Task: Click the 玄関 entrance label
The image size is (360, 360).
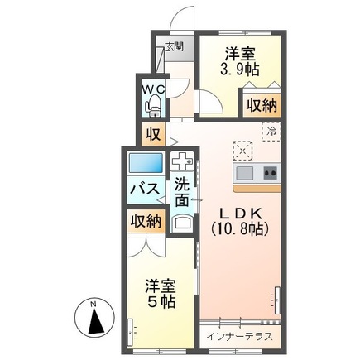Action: point(173,47)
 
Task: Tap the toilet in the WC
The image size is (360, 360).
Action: point(153,105)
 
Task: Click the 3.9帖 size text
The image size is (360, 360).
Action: point(238,68)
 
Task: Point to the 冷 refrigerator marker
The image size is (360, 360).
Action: point(271,132)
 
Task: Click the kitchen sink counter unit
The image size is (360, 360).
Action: point(257,173)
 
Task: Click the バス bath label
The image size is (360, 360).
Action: point(146,190)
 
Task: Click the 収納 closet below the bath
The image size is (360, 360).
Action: point(145,221)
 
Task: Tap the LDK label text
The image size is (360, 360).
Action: point(240,210)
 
